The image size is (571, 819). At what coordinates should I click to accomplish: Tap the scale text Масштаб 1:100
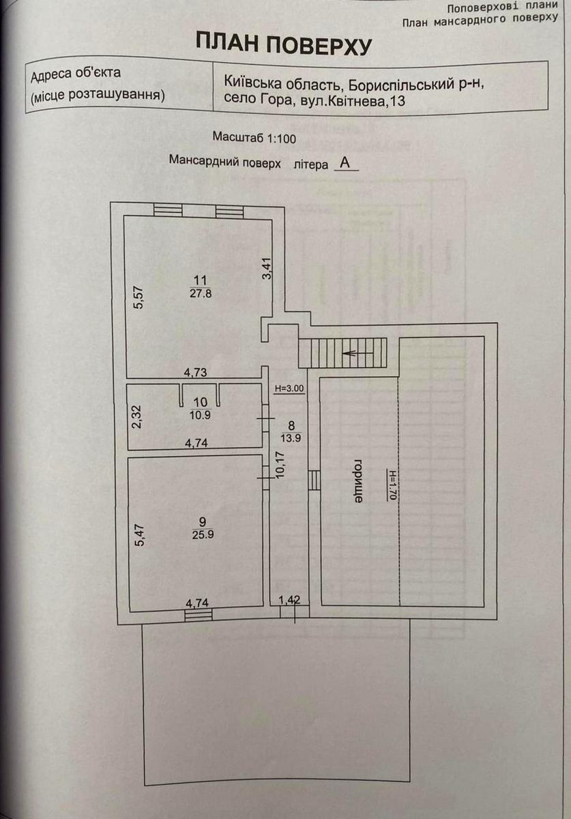(254, 137)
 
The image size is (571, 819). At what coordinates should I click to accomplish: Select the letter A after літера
(345, 164)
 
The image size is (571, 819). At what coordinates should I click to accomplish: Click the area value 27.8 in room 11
(200, 293)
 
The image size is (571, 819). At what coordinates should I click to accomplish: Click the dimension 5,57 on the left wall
(138, 298)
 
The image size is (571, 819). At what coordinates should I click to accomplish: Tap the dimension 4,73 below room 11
(196, 372)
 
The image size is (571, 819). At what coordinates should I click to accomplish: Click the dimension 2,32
(138, 417)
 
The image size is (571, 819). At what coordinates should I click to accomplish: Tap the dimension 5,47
(138, 534)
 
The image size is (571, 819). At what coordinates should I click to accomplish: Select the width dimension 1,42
(290, 601)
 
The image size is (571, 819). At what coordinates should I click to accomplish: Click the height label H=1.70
(392, 485)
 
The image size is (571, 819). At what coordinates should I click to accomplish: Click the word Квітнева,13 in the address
(381, 100)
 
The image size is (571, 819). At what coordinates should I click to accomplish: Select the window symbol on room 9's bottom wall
(198, 615)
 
